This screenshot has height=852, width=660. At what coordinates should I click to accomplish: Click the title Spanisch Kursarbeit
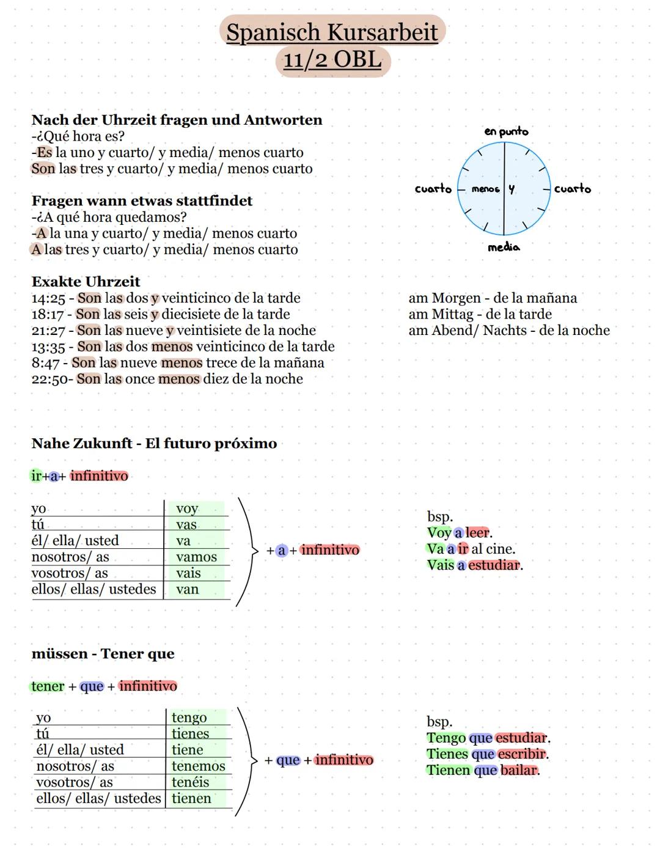click(x=332, y=32)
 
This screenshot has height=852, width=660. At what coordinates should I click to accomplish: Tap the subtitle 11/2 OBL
click(x=332, y=60)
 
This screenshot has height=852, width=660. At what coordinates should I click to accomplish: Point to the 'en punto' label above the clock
click(x=506, y=131)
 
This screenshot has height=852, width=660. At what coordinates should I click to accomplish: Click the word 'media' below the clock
click(x=504, y=247)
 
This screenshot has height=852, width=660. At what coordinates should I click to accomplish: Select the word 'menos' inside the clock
click(x=485, y=189)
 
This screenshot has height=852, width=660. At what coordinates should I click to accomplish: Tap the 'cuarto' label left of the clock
click(x=433, y=189)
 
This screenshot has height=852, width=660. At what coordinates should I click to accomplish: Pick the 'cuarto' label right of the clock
click(x=573, y=189)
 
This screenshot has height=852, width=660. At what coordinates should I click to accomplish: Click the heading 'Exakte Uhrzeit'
click(x=86, y=282)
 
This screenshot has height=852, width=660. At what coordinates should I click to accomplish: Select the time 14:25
click(x=48, y=298)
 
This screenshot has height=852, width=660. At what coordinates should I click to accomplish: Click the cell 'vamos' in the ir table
click(x=196, y=557)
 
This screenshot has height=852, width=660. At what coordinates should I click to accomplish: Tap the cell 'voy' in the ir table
click(x=187, y=509)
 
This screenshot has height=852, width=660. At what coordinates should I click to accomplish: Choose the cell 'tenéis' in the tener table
click(x=190, y=782)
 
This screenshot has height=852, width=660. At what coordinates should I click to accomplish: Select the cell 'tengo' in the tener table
click(x=189, y=718)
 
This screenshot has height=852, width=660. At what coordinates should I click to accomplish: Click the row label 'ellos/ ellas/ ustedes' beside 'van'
click(x=94, y=589)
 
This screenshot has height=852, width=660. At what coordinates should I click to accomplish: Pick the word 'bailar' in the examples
click(x=519, y=770)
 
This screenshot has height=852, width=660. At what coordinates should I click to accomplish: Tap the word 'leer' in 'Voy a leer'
click(x=478, y=533)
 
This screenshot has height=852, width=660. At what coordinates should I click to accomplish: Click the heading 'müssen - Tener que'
click(x=103, y=654)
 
